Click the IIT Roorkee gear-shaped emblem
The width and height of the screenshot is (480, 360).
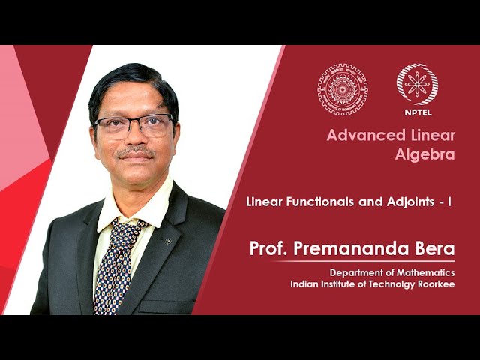click(x=343, y=89)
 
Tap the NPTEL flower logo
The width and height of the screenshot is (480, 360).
click(x=417, y=84)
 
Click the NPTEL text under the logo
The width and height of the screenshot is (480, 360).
click(x=418, y=112)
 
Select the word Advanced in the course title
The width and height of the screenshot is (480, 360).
click(x=367, y=135)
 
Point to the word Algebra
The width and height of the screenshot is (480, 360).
click(x=425, y=154)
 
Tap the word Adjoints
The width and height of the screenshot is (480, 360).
click(x=410, y=202)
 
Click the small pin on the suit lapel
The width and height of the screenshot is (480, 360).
click(x=168, y=241)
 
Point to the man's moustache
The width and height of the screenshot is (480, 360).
click(x=136, y=151)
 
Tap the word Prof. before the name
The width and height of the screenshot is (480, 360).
click(x=268, y=248)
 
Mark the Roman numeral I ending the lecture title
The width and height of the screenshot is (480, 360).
click(x=450, y=202)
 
